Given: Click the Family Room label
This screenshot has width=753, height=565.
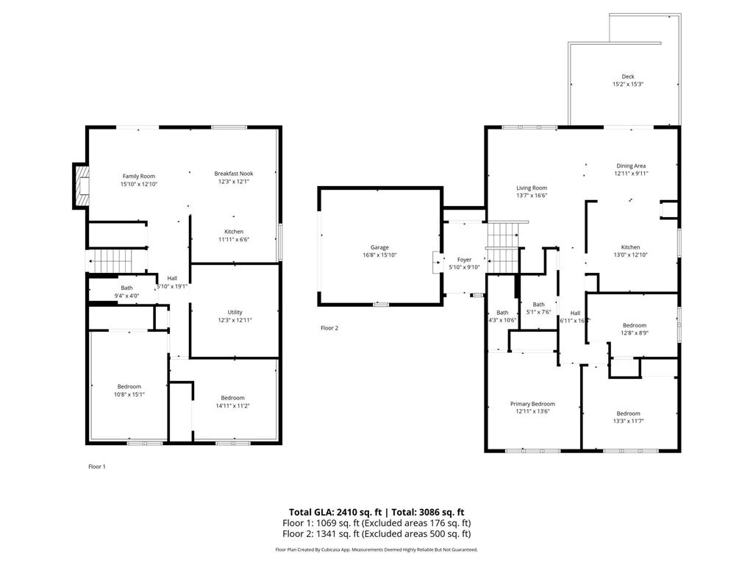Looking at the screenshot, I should [x=139, y=176].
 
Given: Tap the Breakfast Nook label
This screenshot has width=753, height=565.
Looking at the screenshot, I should [x=233, y=174].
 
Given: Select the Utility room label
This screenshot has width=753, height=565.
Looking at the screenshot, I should [x=235, y=312].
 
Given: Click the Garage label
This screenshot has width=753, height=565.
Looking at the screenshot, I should [x=379, y=247].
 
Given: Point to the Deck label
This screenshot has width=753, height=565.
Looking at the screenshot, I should [x=627, y=77].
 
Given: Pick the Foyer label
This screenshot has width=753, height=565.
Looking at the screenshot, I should [x=464, y=260].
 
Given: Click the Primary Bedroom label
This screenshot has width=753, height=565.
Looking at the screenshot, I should [x=532, y=404].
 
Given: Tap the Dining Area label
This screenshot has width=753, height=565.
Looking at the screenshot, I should [x=630, y=166].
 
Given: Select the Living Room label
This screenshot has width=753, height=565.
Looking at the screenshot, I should [x=531, y=188].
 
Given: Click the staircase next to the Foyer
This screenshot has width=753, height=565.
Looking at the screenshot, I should [x=504, y=247].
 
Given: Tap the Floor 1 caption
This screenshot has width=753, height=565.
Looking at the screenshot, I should [x=97, y=466].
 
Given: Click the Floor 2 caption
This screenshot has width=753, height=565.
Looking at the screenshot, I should [x=329, y=328].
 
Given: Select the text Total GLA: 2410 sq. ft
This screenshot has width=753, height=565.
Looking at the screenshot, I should [x=334, y=512].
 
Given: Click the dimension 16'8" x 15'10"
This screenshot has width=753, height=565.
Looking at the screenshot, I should [x=379, y=255].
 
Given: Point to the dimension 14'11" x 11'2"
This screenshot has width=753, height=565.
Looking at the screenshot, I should [x=232, y=406].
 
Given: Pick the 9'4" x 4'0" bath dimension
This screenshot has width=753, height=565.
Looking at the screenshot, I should [x=127, y=296].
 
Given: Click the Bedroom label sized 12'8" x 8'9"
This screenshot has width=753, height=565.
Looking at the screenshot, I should [x=634, y=325].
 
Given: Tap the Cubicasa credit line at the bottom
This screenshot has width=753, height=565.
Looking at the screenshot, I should [x=376, y=550].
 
